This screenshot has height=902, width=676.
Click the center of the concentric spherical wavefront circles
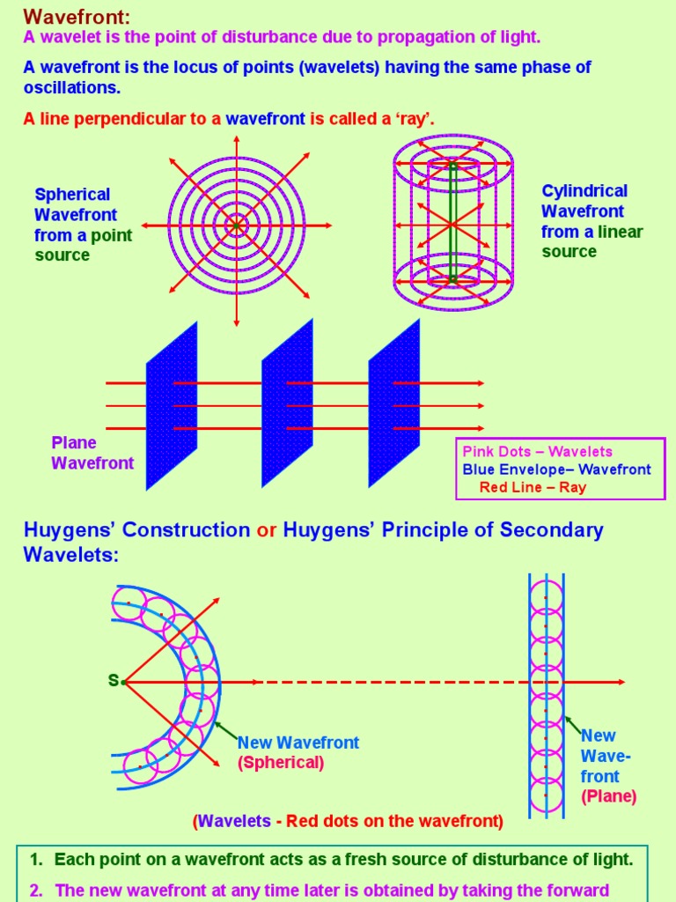235,225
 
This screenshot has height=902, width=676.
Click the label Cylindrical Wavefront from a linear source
591,221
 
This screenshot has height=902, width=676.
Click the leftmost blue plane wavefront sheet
172,405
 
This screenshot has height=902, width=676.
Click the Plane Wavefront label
92,453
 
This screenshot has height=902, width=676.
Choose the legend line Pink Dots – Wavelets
537,452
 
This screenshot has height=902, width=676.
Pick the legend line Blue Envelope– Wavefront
556,469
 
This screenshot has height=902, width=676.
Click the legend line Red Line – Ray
533,487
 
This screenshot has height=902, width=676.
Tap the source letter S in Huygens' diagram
113,681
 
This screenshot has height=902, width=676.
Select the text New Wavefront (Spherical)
298,752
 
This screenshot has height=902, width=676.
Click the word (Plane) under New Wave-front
608,797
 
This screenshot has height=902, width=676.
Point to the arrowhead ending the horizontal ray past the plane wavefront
621,682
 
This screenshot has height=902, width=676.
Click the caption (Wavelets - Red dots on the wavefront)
348,821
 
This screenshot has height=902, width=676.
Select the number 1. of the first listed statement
37,860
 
